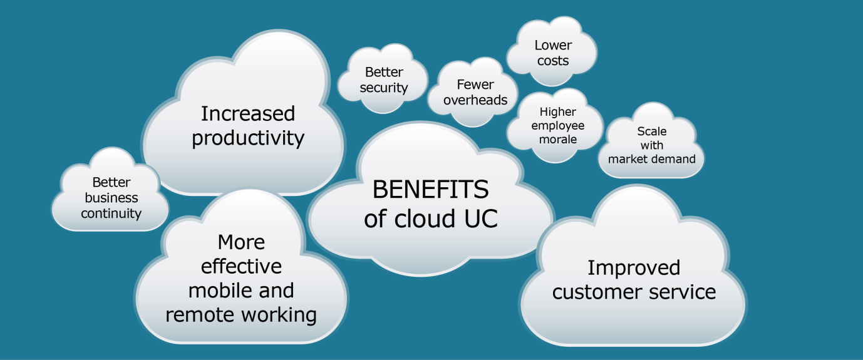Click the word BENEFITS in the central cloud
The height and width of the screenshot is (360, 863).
click(x=430, y=189)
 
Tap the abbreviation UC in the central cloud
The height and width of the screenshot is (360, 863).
click(x=480, y=219)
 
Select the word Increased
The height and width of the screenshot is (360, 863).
click(x=247, y=114)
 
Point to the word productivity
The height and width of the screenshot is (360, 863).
click(x=247, y=138)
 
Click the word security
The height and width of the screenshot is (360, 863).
click(x=384, y=88)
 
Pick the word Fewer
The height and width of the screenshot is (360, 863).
click(x=475, y=85)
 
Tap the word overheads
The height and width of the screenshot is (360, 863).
click(x=475, y=100)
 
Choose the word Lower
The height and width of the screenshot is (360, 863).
click(x=553, y=45)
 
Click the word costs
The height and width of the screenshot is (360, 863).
click(x=553, y=61)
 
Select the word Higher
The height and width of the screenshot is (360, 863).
click(x=557, y=112)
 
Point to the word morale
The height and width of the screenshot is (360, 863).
click(x=557, y=139)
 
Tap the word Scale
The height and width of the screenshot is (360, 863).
click(x=651, y=131)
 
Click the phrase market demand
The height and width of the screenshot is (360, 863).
click(x=651, y=159)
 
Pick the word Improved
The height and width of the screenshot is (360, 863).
click(x=633, y=268)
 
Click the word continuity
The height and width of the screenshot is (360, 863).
click(x=111, y=213)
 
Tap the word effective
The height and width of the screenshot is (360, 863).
click(x=241, y=267)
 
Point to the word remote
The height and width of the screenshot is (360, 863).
click(x=200, y=314)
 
